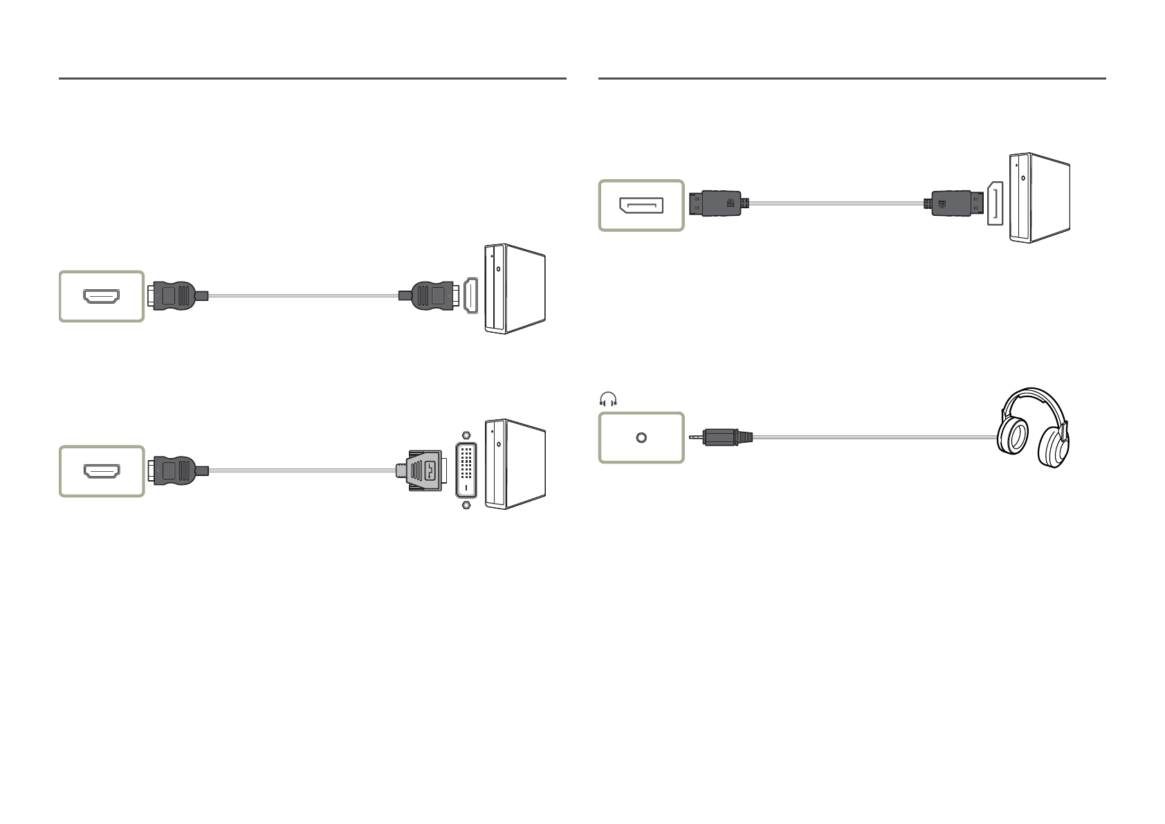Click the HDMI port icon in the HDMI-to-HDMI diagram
[101, 296]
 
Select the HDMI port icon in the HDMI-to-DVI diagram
[101, 471]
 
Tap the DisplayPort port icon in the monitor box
[641, 205]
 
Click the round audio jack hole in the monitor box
[641, 438]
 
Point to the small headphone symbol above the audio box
[608, 400]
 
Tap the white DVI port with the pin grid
[466, 470]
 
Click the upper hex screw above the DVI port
[466, 436]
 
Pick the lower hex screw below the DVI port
[466, 506]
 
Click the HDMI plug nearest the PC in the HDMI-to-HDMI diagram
[430, 296]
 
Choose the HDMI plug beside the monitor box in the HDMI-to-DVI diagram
[174, 471]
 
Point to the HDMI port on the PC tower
[470, 295]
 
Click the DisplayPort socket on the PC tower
[995, 203]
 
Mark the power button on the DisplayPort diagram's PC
[1024, 178]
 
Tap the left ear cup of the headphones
[1013, 437]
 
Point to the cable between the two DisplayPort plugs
[837, 203]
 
